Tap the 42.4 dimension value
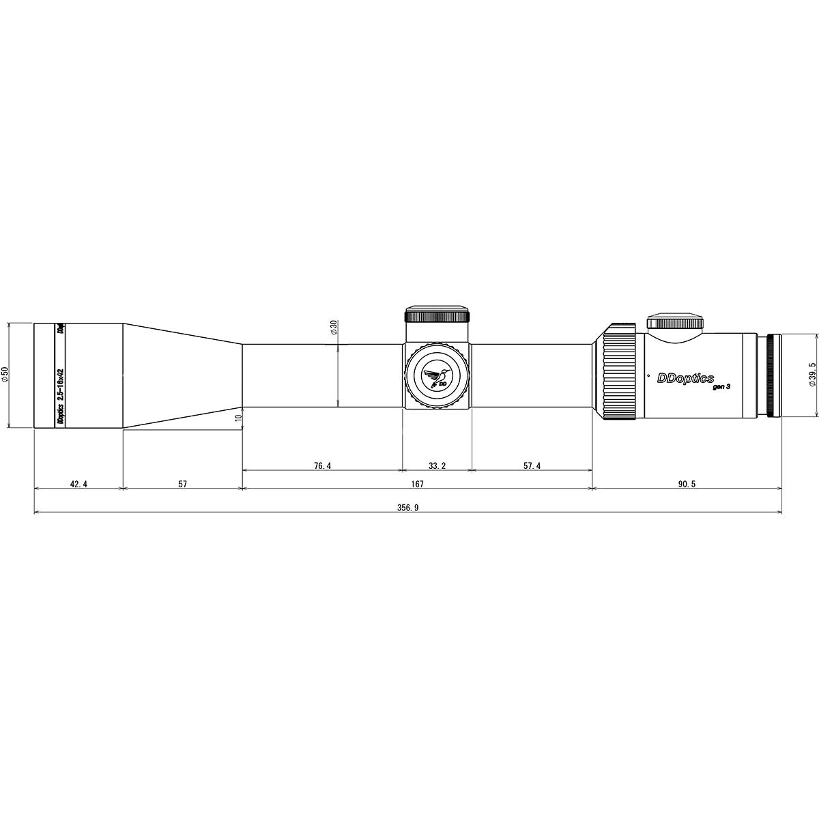click(x=78, y=484)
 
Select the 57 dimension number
click(x=182, y=484)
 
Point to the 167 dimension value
click(x=417, y=484)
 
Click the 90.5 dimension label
click(x=687, y=484)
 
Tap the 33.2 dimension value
click(x=437, y=466)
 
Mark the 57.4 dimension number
click(x=532, y=466)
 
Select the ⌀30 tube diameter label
click(x=333, y=328)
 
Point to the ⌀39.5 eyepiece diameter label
click(x=811, y=375)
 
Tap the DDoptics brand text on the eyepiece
click(x=685, y=378)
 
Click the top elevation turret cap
click(x=437, y=315)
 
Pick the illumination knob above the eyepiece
click(x=675, y=322)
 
